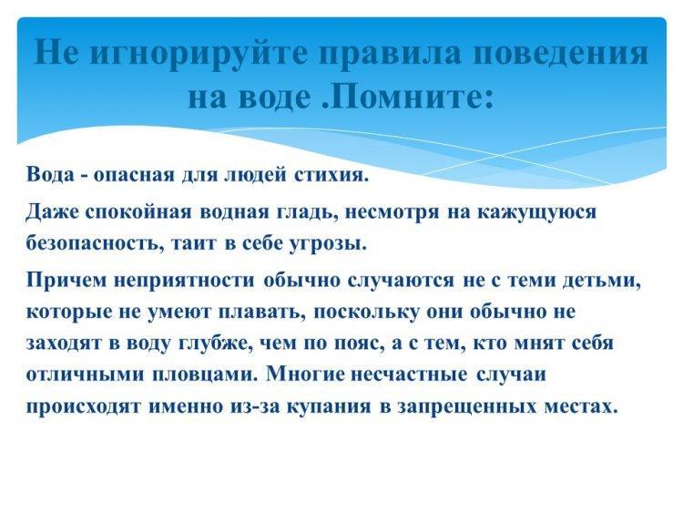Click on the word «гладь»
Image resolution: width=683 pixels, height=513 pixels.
(x=308, y=211)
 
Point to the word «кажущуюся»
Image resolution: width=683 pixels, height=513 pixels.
(x=537, y=211)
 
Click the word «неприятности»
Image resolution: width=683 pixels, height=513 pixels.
(x=183, y=280)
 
